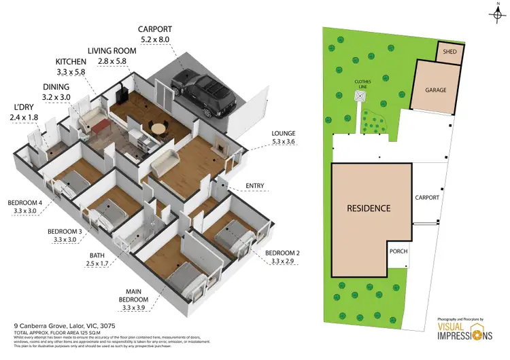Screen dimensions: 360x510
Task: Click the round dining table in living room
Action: coord(158,128)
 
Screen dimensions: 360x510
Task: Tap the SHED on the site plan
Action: coord(449,52)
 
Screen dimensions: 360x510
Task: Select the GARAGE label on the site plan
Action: coord(435,89)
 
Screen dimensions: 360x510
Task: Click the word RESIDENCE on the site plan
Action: coord(369,208)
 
